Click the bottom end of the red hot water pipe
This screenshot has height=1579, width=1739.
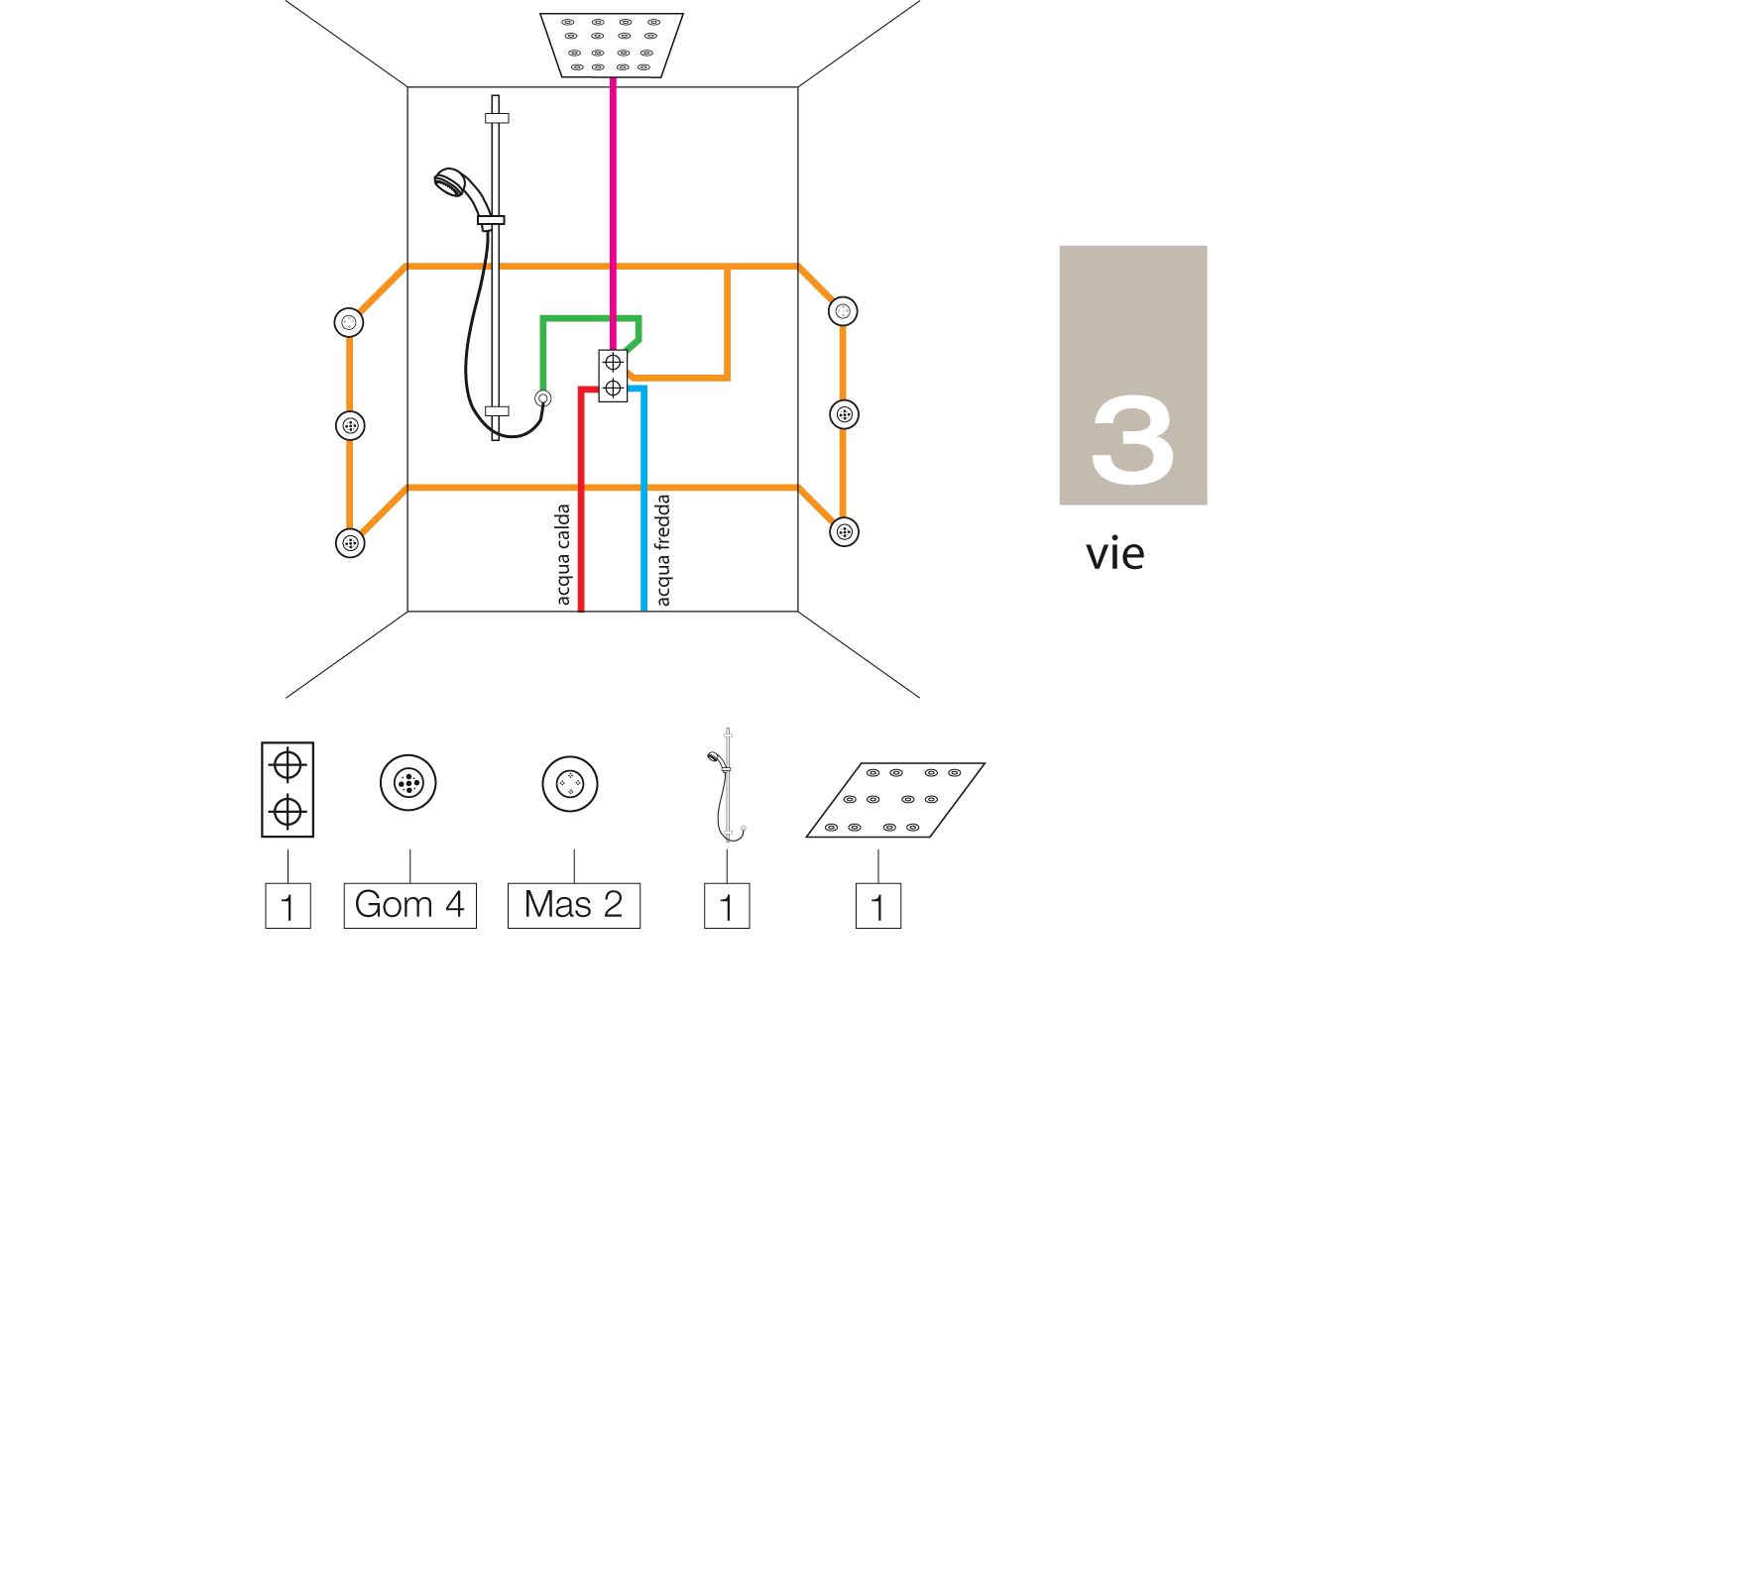click(x=581, y=611)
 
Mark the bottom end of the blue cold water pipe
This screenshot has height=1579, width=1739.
click(x=643, y=611)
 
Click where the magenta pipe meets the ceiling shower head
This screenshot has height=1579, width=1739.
click(x=613, y=77)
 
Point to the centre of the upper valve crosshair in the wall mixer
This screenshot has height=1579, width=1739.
click(x=613, y=363)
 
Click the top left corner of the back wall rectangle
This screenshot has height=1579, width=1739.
click(x=408, y=87)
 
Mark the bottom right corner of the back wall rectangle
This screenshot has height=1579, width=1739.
click(x=798, y=612)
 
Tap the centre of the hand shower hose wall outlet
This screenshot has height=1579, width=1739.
click(x=542, y=398)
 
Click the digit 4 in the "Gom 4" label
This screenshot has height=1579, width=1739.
click(x=454, y=905)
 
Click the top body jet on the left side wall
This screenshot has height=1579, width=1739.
click(x=349, y=323)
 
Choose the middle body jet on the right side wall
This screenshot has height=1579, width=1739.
click(x=844, y=414)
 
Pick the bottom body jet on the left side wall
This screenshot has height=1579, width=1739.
click(x=350, y=543)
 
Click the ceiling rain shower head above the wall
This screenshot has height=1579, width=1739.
click(x=612, y=45)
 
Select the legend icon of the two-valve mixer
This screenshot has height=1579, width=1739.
click(x=288, y=789)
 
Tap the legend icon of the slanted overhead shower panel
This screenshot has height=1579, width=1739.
click(x=895, y=800)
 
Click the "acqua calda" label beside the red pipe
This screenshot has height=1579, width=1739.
click(x=563, y=554)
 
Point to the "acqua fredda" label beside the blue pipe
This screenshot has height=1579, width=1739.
click(x=663, y=550)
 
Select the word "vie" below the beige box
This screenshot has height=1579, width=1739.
click(x=1115, y=554)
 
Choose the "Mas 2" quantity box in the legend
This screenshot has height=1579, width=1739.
click(x=574, y=906)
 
